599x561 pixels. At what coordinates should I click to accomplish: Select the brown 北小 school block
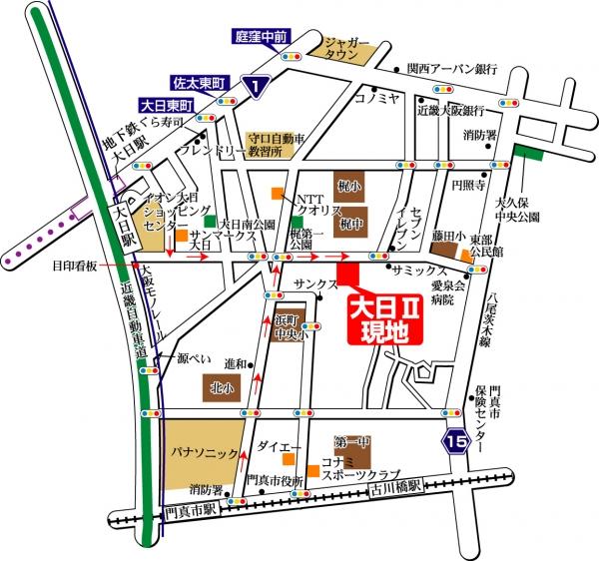[x=221, y=385]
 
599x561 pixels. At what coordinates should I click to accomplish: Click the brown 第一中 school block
[x=347, y=441]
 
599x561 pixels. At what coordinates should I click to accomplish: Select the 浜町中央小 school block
[x=292, y=330]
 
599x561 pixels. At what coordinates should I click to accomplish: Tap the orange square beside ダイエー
[x=288, y=459]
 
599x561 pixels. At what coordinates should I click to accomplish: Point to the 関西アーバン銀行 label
[x=458, y=70]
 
